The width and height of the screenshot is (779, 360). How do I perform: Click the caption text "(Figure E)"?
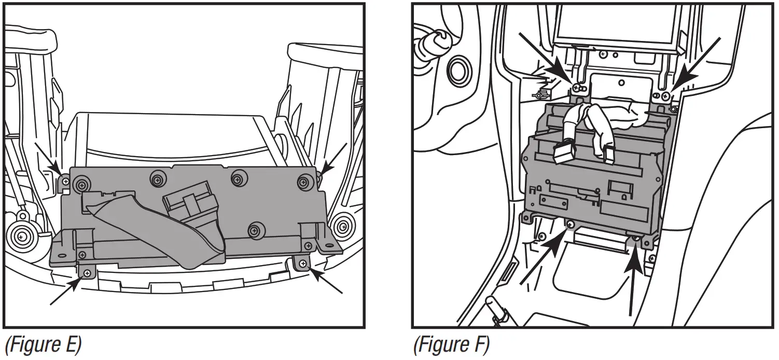43,345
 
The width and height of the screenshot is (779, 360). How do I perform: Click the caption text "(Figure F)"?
451,345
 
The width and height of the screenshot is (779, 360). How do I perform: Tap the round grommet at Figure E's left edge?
21,236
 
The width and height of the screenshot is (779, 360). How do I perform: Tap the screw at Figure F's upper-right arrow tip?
665,95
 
